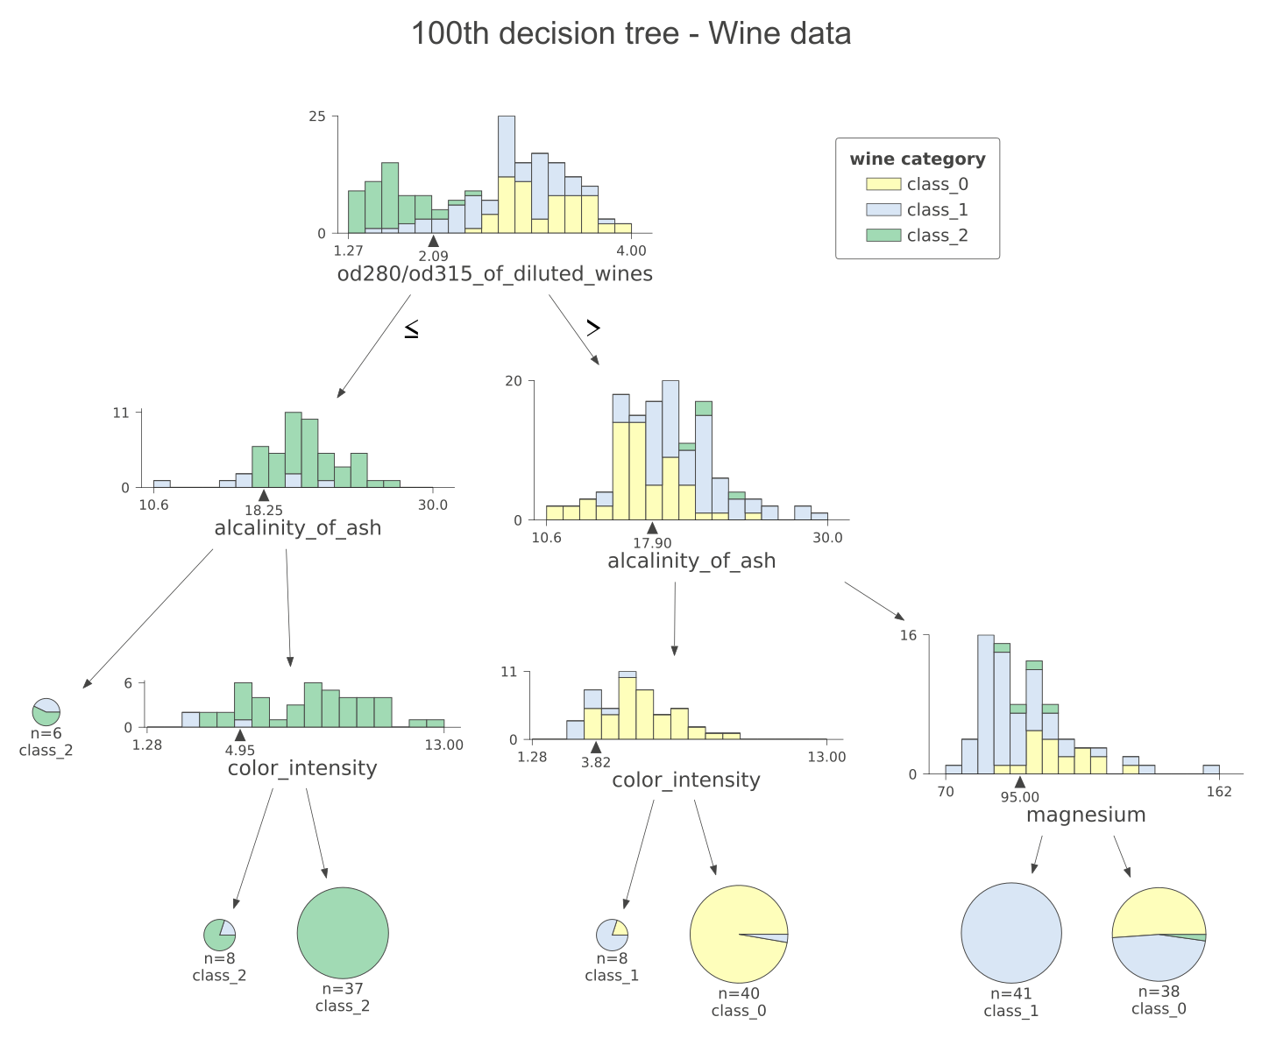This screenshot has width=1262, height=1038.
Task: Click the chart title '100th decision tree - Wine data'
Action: click(x=631, y=34)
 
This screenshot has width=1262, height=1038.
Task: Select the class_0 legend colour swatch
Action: click(x=883, y=184)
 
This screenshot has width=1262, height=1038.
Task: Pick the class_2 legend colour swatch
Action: click(x=883, y=235)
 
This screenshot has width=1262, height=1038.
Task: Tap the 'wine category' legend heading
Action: click(x=918, y=159)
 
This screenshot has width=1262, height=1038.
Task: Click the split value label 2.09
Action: click(x=433, y=256)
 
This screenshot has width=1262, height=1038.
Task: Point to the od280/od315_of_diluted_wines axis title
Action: click(x=494, y=274)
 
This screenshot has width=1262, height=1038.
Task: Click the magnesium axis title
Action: click(x=1086, y=815)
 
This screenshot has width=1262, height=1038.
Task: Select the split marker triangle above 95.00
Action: click(x=1019, y=781)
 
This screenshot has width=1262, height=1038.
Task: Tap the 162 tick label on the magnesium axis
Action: click(x=1218, y=792)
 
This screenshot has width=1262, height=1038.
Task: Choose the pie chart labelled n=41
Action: click(x=1011, y=933)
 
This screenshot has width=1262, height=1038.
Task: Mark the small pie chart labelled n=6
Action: click(x=46, y=712)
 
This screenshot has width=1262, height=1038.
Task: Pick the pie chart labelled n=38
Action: click(x=1159, y=934)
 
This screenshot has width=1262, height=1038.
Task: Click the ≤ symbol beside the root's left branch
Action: click(x=411, y=329)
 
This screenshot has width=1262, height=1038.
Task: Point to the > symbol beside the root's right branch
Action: click(x=593, y=328)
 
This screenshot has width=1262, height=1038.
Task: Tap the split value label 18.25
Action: click(x=264, y=511)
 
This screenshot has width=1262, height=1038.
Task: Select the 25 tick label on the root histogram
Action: click(x=317, y=117)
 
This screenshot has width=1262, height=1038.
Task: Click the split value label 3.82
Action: click(x=596, y=762)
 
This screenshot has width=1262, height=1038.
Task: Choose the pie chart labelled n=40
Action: click(x=739, y=935)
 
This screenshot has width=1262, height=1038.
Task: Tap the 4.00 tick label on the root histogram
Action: click(x=631, y=251)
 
